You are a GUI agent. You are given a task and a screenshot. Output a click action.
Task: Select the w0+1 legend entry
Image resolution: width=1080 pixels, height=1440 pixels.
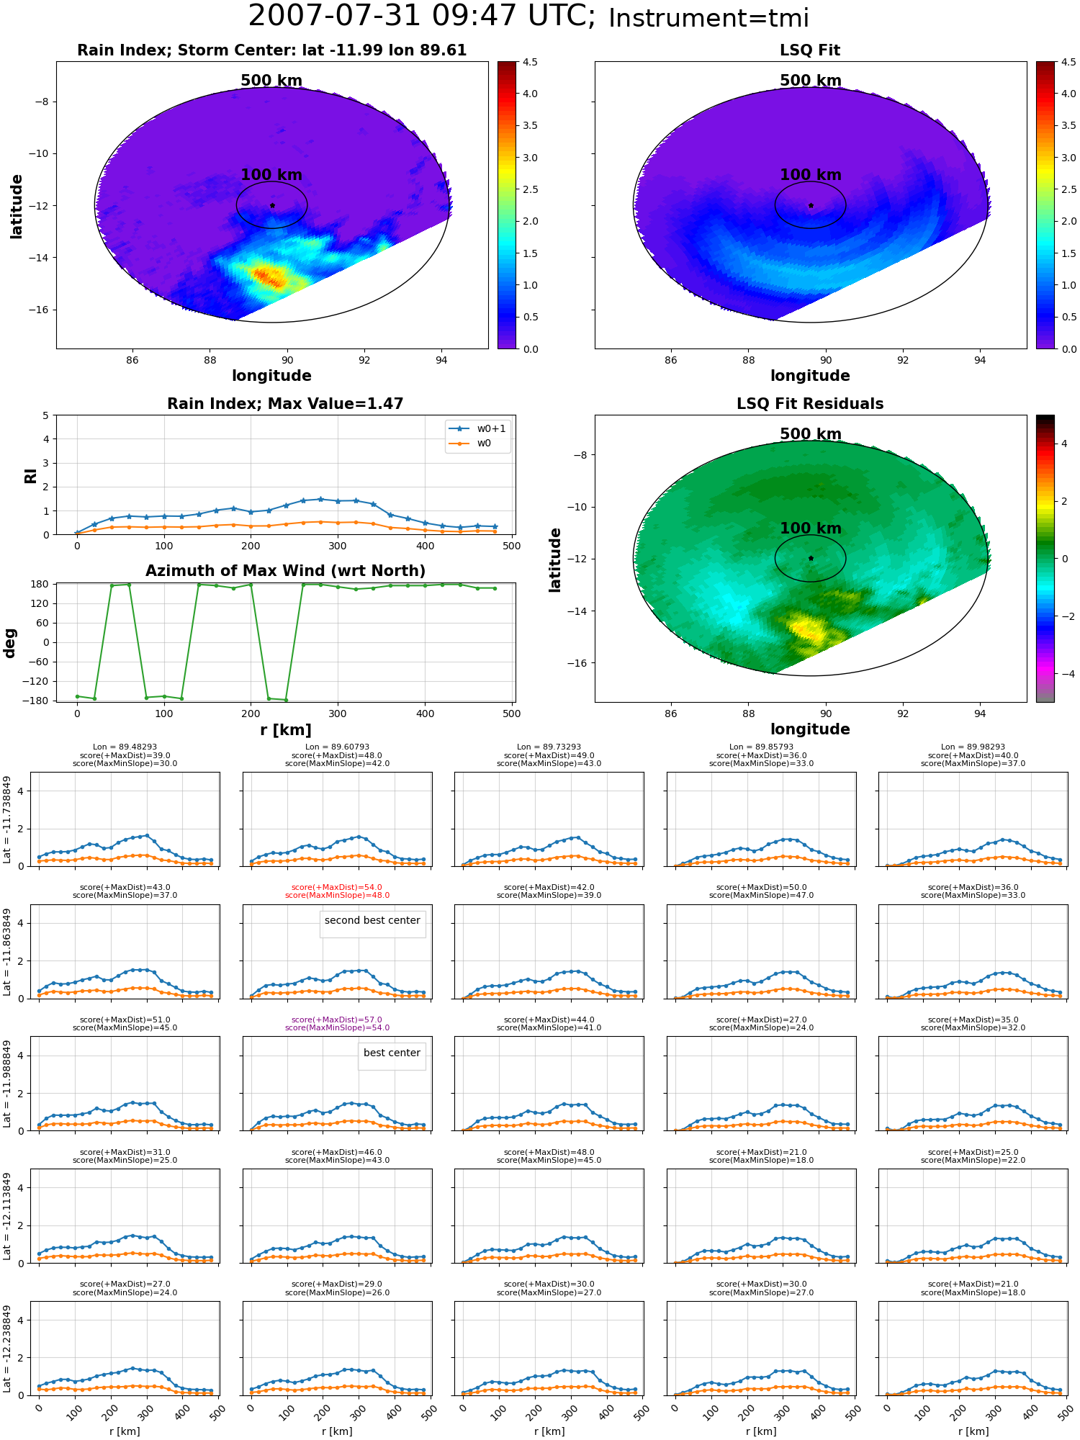(x=478, y=428)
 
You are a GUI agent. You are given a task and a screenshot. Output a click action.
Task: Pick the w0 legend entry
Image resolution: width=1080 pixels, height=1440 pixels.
(x=478, y=443)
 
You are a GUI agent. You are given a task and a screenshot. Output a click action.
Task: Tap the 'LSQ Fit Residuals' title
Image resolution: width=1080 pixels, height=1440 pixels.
(x=810, y=404)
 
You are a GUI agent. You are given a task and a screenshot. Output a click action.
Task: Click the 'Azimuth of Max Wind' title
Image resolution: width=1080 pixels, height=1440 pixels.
(x=285, y=571)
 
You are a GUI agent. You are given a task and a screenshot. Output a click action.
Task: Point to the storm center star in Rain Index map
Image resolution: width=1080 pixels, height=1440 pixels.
(x=272, y=205)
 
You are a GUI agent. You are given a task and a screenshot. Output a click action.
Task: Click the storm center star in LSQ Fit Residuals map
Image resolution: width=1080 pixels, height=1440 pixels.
(x=811, y=558)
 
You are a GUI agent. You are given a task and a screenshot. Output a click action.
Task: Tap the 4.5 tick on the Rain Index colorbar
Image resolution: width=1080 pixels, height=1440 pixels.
(x=530, y=62)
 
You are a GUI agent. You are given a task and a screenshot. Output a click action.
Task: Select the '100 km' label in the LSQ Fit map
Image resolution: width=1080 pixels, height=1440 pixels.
(x=811, y=175)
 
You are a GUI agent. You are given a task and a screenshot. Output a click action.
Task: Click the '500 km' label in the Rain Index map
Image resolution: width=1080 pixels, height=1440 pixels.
(x=271, y=81)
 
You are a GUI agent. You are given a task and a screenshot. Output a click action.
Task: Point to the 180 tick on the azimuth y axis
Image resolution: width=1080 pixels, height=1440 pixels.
(x=40, y=584)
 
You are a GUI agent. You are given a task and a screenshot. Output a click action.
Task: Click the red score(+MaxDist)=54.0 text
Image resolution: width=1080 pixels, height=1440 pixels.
(x=337, y=888)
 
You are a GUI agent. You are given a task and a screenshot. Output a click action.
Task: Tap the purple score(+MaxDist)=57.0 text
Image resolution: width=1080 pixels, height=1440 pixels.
(x=337, y=1020)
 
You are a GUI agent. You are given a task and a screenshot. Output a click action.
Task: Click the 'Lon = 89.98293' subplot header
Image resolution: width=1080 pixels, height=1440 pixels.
(x=973, y=747)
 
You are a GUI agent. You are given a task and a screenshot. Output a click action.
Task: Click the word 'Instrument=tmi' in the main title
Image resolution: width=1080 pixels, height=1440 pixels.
(x=709, y=18)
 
